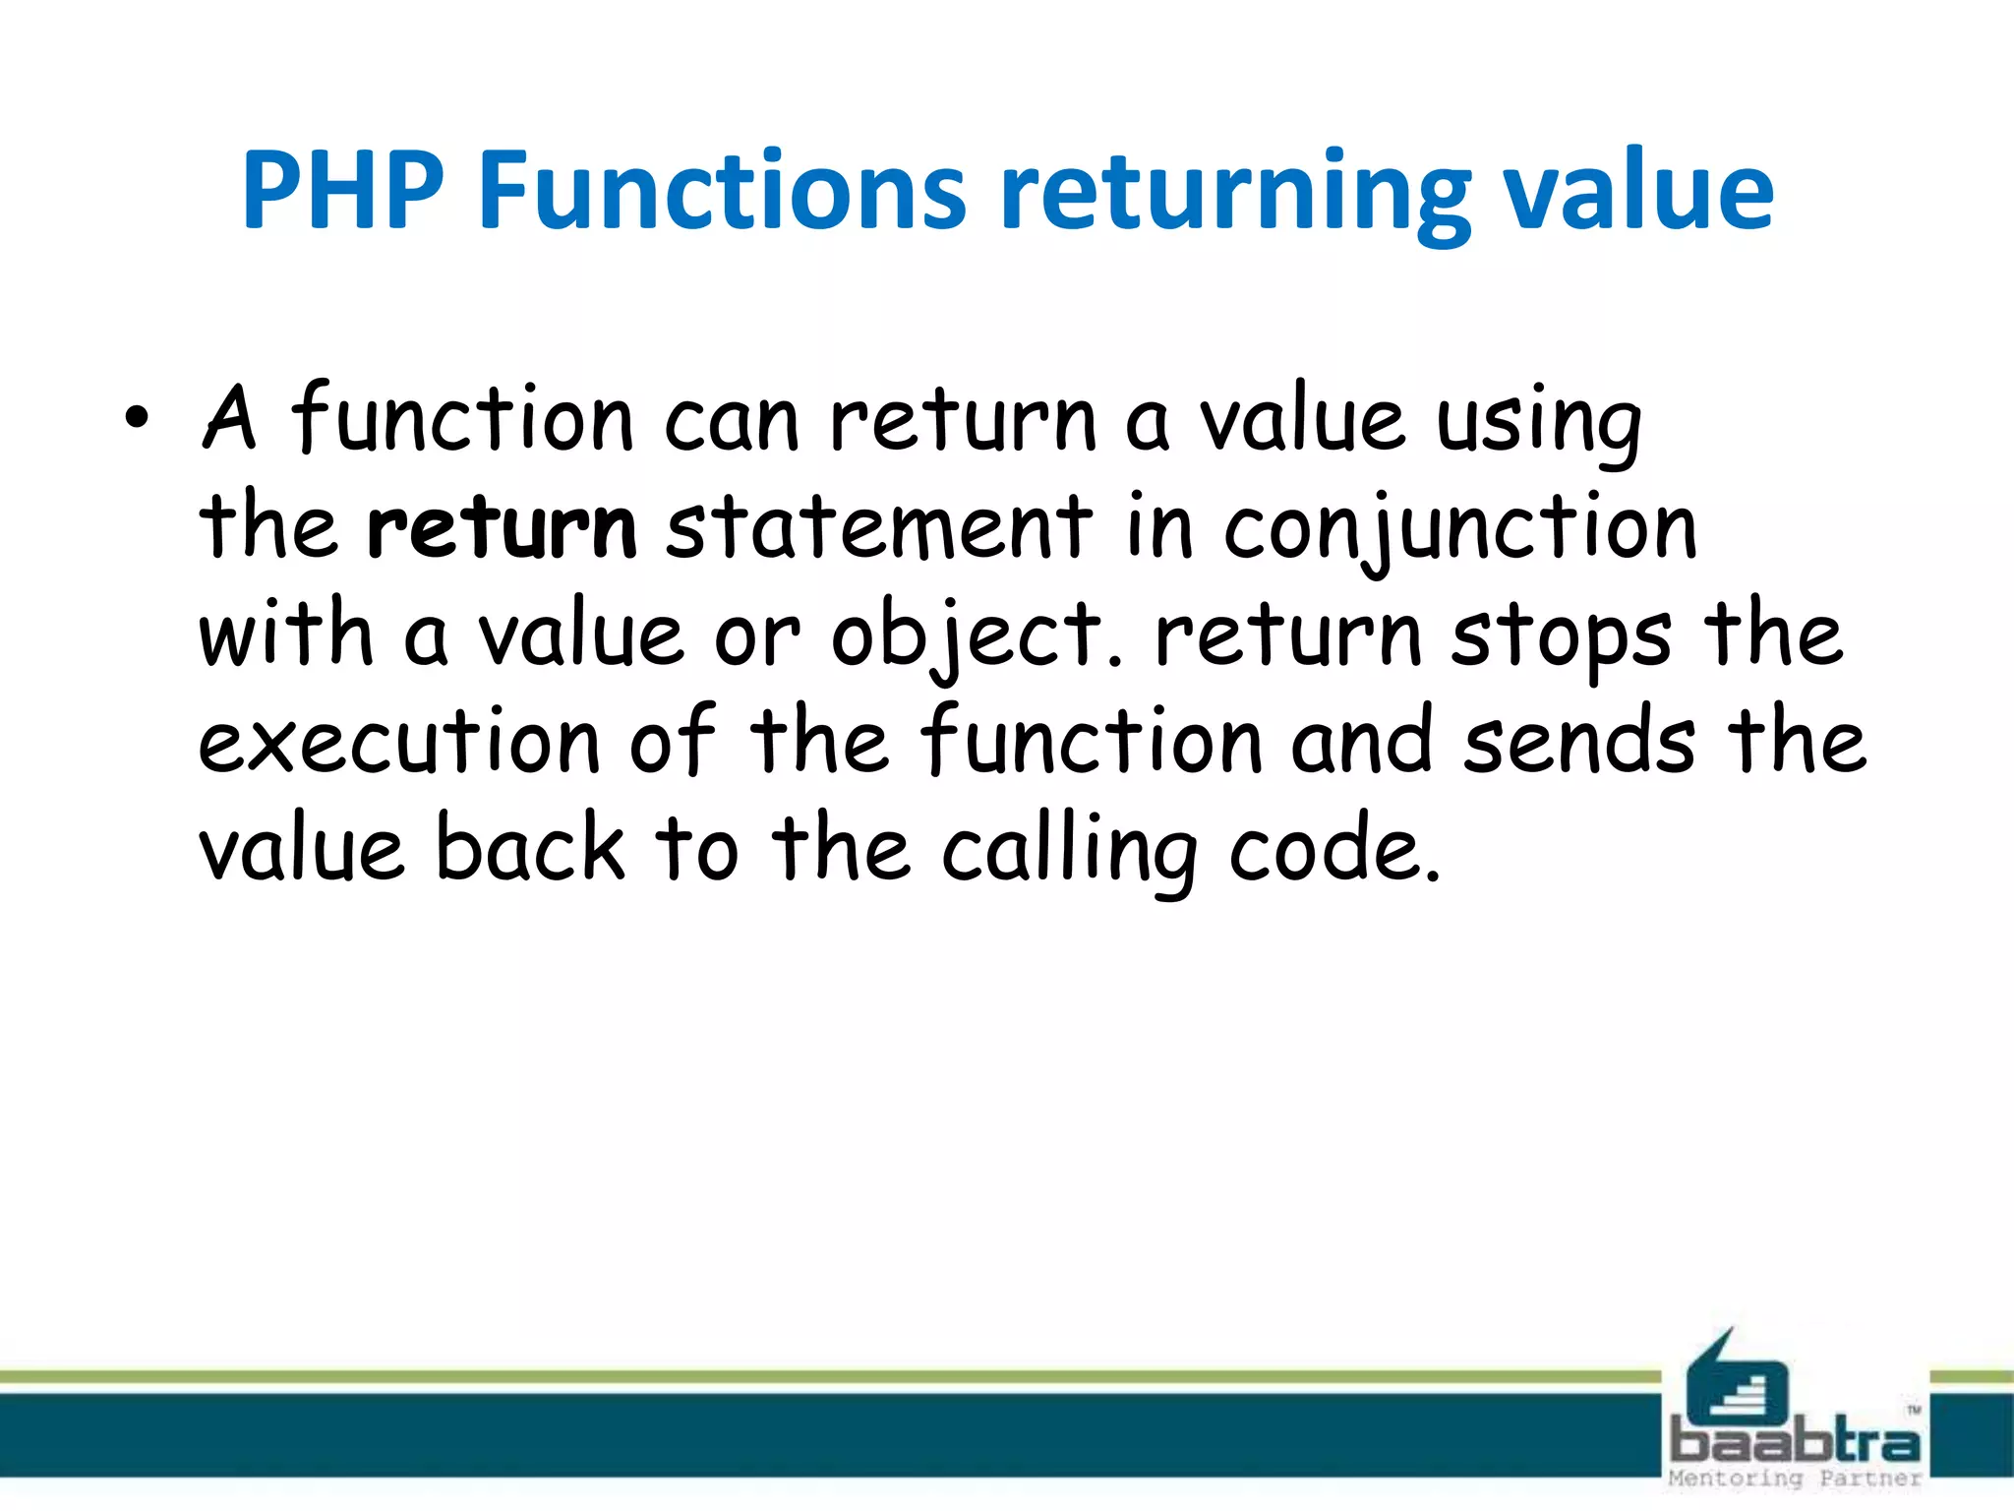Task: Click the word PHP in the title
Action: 341,192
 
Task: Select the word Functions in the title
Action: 724,192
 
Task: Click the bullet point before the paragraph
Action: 137,421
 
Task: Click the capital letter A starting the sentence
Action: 228,419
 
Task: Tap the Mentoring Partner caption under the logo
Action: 1795,1479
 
